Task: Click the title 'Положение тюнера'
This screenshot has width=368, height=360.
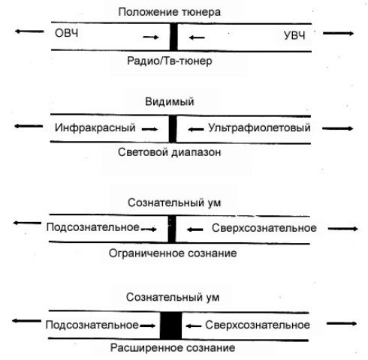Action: pyautogui.click(x=169, y=12)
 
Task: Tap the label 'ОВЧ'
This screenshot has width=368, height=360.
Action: pyautogui.click(x=66, y=33)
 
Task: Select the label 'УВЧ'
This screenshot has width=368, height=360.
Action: pyautogui.click(x=294, y=35)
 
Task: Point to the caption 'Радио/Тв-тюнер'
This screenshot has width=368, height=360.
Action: pyautogui.click(x=170, y=61)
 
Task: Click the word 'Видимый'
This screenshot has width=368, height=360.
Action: pyautogui.click(x=170, y=102)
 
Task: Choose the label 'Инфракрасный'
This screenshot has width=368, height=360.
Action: pyautogui.click(x=95, y=127)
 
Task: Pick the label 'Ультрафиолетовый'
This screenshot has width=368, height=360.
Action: pyautogui.click(x=259, y=127)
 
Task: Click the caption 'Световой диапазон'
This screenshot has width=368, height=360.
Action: pyautogui.click(x=169, y=152)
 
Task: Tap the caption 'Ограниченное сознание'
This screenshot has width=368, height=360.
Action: pyautogui.click(x=173, y=253)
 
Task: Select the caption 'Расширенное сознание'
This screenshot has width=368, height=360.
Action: pyautogui.click(x=173, y=348)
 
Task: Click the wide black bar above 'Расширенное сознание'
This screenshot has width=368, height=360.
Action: pyautogui.click(x=170, y=325)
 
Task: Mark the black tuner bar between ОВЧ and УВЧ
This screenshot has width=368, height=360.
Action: pyautogui.click(x=173, y=37)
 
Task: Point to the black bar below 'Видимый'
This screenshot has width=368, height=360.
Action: pyautogui.click(x=172, y=129)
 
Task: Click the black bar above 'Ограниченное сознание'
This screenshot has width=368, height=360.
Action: pyautogui.click(x=171, y=229)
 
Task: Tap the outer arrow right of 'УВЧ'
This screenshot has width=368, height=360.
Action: pyautogui.click(x=338, y=33)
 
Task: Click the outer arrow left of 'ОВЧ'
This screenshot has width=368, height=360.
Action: pyautogui.click(x=29, y=31)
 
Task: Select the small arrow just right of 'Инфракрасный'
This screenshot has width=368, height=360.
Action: pyautogui.click(x=150, y=129)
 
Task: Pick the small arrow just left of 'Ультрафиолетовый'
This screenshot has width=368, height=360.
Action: pyautogui.click(x=196, y=130)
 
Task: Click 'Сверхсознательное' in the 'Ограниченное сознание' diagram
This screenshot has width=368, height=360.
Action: pyautogui.click(x=264, y=228)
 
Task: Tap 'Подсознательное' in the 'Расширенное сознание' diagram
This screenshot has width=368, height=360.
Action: pyautogui.click(x=92, y=325)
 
